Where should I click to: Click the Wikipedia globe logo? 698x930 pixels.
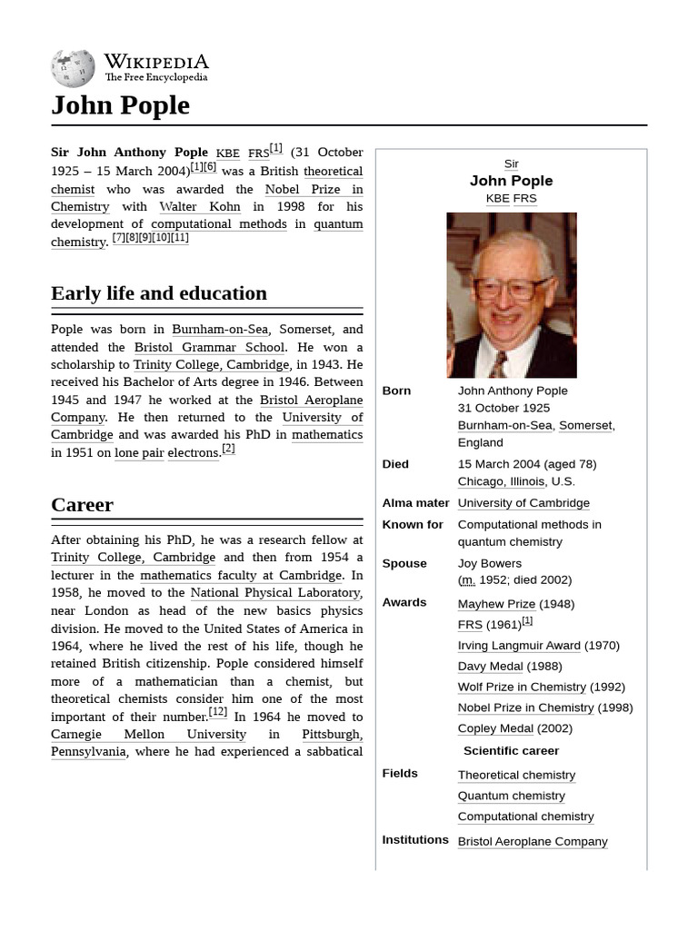click(x=73, y=67)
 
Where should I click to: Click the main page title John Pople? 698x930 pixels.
click(x=120, y=105)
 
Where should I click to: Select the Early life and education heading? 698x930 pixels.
click(x=159, y=293)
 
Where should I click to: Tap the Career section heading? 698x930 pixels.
click(x=82, y=505)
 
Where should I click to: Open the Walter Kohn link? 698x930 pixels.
click(x=200, y=206)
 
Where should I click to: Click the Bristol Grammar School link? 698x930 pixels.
click(x=209, y=347)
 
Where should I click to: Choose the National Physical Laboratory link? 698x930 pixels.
click(x=276, y=593)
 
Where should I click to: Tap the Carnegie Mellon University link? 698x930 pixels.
click(x=148, y=734)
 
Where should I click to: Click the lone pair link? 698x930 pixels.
click(x=139, y=452)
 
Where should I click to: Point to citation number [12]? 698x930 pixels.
click(x=218, y=713)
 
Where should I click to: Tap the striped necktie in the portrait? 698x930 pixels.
click(x=498, y=364)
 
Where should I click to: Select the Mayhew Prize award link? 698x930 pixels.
click(x=496, y=604)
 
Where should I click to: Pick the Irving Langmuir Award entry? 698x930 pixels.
click(x=519, y=646)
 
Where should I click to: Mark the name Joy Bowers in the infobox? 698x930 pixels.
click(x=489, y=563)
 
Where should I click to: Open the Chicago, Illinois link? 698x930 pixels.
click(x=501, y=481)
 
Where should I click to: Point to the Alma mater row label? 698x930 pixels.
click(x=415, y=503)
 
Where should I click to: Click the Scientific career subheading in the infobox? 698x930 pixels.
click(x=511, y=751)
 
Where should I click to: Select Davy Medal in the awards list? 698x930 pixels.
click(x=490, y=667)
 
